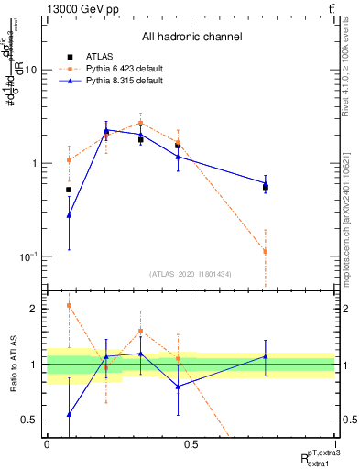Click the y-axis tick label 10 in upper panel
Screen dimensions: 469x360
(x=30, y=71)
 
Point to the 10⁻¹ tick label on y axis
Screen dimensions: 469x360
(x=27, y=256)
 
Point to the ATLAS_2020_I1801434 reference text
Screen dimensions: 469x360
(x=191, y=274)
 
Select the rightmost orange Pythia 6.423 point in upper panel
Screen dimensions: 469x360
(x=265, y=251)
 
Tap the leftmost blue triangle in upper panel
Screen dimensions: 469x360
(x=69, y=215)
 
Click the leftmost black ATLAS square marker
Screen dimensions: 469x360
(x=69, y=190)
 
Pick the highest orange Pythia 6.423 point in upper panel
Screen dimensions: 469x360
(x=140, y=123)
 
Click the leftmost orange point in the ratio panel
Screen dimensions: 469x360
(x=69, y=306)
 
